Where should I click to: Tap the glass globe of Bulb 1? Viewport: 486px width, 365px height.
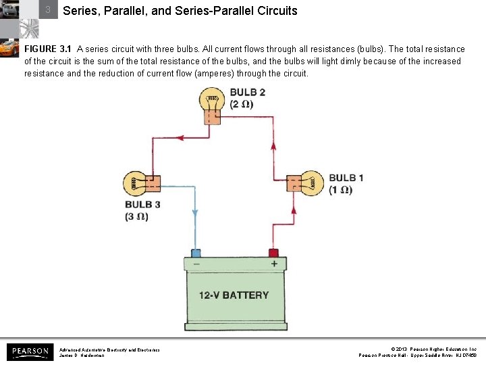pos(313,182)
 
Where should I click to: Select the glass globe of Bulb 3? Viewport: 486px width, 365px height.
pos(134,182)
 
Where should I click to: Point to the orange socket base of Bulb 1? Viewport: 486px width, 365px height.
pos(294,183)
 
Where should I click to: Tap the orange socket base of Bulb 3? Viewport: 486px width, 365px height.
pos(153,183)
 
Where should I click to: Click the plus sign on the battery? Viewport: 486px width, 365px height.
pos(274,264)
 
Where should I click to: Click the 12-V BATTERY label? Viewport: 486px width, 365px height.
pos(234,295)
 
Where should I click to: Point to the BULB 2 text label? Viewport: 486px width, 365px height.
pos(247,93)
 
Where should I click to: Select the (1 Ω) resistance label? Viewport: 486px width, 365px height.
pos(341,190)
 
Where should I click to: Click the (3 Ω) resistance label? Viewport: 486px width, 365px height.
pos(136,216)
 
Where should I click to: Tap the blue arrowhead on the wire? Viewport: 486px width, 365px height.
pos(195,212)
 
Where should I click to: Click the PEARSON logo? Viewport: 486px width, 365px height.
pos(30,351)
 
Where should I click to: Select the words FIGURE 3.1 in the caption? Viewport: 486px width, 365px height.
pos(49,49)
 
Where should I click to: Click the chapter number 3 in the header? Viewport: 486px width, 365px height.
pos(48,10)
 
